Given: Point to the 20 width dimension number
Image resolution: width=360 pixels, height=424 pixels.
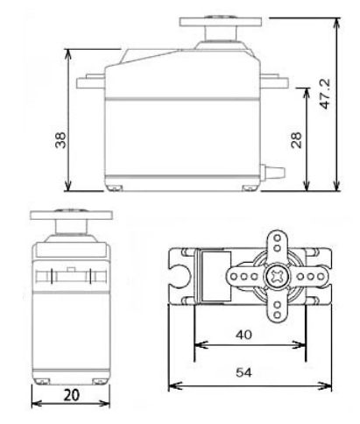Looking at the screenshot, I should pyautogui.click(x=70, y=395).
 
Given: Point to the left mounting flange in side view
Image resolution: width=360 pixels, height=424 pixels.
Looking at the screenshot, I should pyautogui.click(x=90, y=84).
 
